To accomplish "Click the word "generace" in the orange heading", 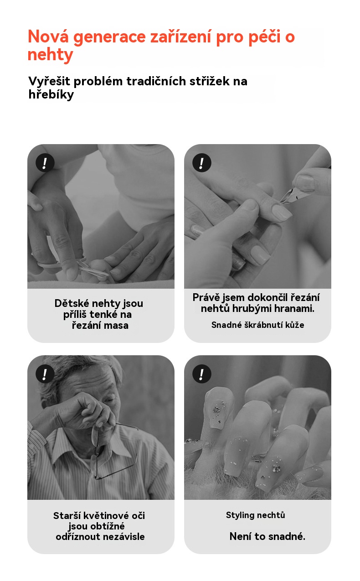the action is coord(109,37).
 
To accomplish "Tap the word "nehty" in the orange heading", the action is coord(50,55).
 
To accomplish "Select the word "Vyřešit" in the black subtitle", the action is coord(49,82).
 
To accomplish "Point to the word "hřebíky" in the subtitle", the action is coord(51,95).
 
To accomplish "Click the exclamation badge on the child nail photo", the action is coord(45,163).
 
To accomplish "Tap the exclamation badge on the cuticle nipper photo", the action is coord(201,163).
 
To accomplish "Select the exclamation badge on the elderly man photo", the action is coord(45,374).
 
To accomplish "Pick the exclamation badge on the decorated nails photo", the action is coord(201,374).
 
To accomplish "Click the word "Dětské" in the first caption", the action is coord(72,303).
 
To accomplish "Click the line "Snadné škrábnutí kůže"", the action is coord(257,325).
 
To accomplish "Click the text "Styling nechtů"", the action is coord(255,515).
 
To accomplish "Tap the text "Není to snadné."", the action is coord(267,536).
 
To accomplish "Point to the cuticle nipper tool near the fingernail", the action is coord(292,193).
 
